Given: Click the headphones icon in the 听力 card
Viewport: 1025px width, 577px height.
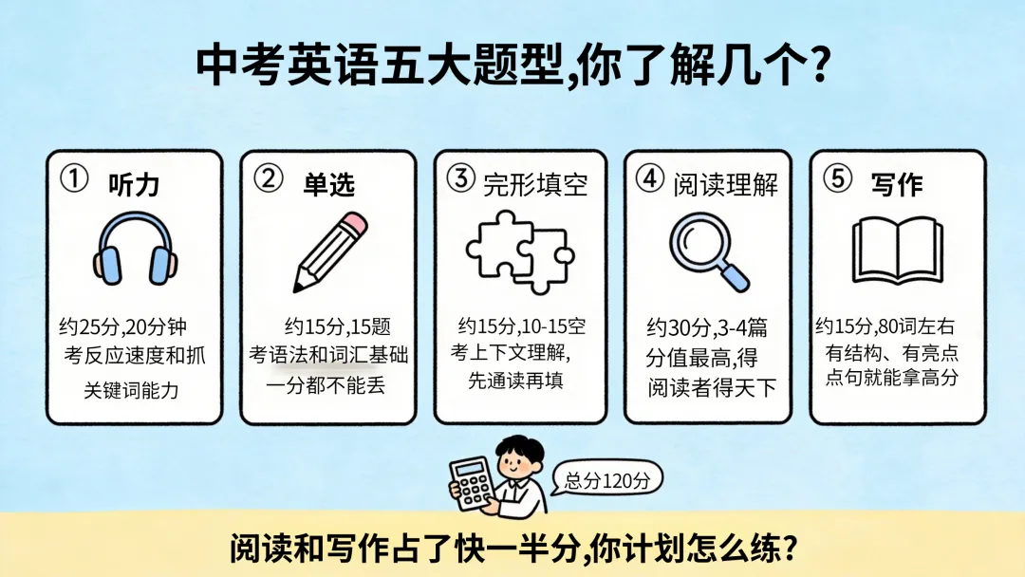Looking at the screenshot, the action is tap(136, 249).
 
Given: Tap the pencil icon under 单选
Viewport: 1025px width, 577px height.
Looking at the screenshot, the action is tap(329, 251).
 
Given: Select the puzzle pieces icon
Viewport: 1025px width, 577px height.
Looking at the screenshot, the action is tap(520, 251).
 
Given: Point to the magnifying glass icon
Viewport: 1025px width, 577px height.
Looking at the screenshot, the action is tap(709, 251).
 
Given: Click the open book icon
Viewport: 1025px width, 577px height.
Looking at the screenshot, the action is tap(898, 251).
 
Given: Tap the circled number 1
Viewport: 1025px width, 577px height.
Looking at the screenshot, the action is tap(74, 178).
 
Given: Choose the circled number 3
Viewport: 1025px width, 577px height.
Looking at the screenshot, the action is tap(461, 177).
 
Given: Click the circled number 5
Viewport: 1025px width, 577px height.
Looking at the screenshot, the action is tap(837, 177).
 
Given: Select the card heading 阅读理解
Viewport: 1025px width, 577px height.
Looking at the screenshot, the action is tap(726, 185).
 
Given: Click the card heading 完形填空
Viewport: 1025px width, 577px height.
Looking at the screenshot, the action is tap(535, 185).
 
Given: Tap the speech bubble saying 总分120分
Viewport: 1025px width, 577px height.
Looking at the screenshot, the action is tap(607, 480).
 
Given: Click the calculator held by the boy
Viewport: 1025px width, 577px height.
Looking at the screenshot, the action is tap(472, 483).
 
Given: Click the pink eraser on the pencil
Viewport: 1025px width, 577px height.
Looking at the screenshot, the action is tap(354, 223).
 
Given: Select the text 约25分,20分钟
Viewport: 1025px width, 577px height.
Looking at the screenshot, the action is tap(122, 326).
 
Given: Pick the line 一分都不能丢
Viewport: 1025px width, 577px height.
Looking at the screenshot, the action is tap(326, 385).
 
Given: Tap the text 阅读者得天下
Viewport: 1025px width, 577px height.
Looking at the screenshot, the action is tap(712, 388).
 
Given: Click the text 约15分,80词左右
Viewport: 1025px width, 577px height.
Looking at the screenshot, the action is tap(885, 326).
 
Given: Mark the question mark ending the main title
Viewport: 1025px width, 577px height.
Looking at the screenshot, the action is tap(818, 65).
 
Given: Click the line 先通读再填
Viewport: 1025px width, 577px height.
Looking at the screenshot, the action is tap(515, 381).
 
